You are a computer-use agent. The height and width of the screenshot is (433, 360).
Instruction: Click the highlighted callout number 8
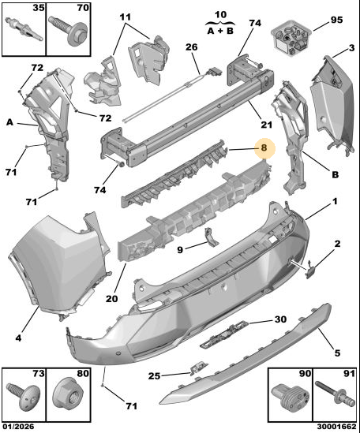[x=264, y=147]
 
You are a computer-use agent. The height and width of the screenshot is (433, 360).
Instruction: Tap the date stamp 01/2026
[x=18, y=427]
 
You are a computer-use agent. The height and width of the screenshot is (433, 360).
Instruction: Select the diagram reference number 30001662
[x=336, y=427]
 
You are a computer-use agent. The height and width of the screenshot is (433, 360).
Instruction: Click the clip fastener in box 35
[x=24, y=29]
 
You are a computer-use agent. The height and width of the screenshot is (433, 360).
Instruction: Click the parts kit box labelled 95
[x=291, y=38]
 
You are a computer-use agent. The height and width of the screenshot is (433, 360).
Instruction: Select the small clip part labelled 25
[x=198, y=369]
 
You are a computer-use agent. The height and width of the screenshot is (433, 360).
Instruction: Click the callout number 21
[x=266, y=125]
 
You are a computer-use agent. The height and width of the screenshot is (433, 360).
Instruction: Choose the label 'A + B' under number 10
[x=220, y=31]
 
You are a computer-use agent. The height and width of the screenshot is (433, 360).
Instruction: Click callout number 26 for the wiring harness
[x=192, y=47]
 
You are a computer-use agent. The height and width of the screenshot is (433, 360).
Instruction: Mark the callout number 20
[x=111, y=298]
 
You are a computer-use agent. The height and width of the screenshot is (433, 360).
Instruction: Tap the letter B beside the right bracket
[x=335, y=175]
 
